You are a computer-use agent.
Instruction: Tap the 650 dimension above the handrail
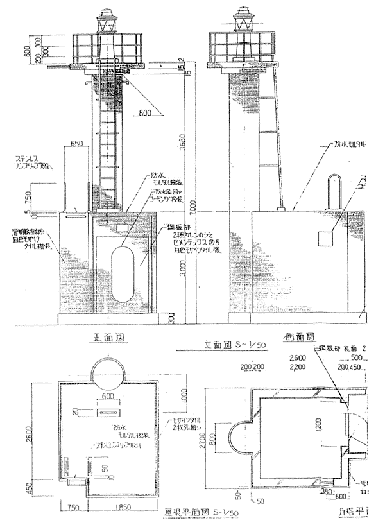click(78, 143)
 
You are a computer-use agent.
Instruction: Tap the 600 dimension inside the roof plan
click(106, 397)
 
